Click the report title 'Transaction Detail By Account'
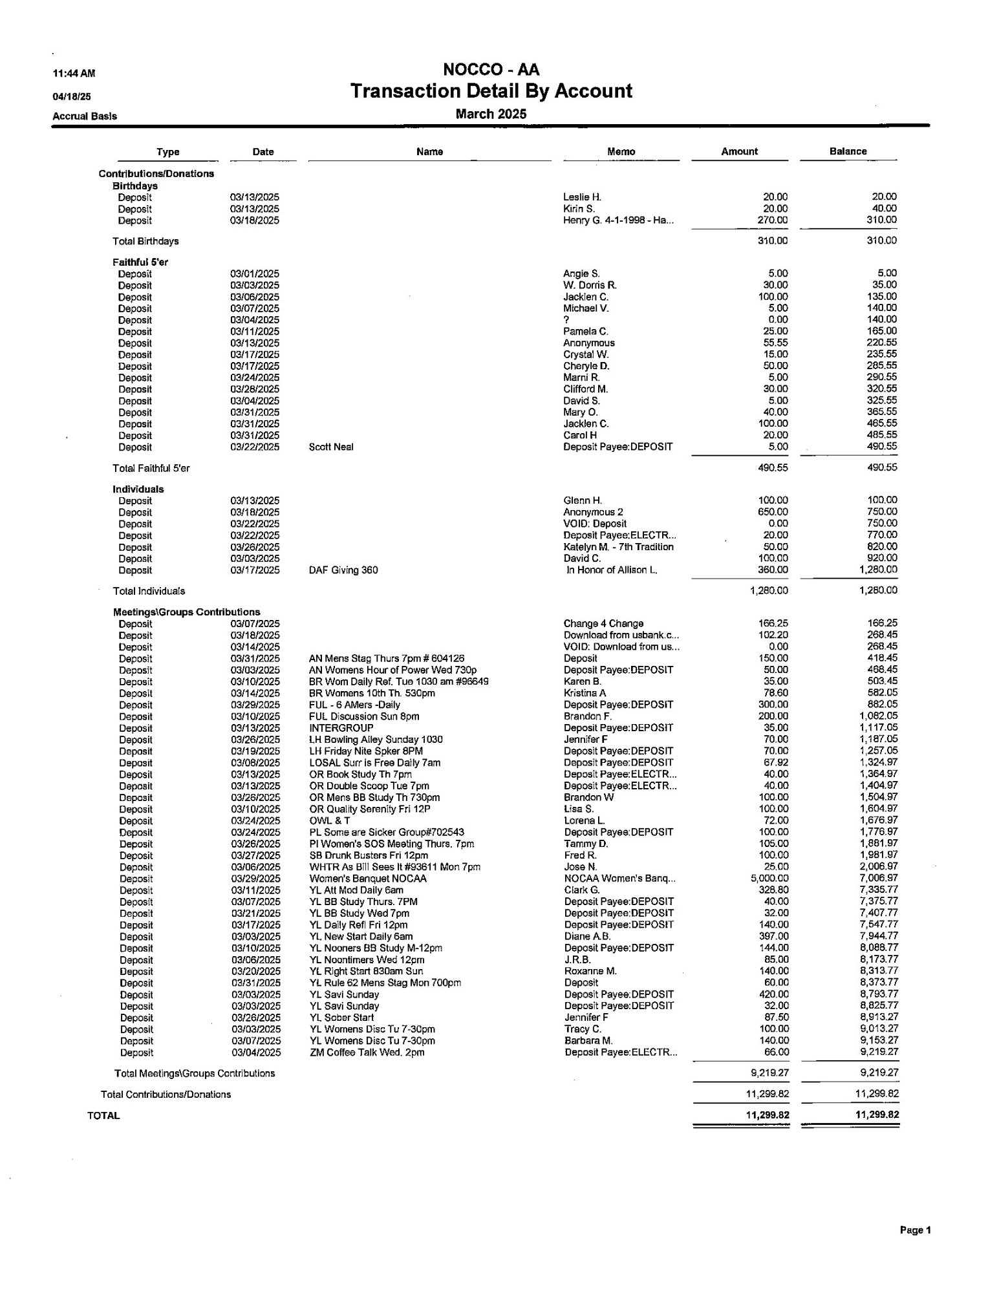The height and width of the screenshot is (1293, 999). click(x=491, y=91)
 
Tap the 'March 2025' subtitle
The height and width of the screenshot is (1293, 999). click(x=491, y=114)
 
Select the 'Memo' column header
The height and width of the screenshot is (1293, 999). click(x=621, y=152)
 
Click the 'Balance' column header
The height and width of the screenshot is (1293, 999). click(x=848, y=151)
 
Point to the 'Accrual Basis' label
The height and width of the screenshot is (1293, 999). click(x=85, y=116)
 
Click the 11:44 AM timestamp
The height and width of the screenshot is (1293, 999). click(x=74, y=74)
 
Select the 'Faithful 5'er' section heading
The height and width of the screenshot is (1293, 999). click(x=140, y=262)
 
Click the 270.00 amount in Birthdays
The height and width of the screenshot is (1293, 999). click(x=773, y=220)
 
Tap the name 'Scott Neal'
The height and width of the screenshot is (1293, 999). click(x=331, y=447)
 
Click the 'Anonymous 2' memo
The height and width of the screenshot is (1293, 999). click(x=593, y=513)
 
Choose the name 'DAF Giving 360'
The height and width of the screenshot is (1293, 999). click(x=343, y=570)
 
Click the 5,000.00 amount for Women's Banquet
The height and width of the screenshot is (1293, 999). click(x=769, y=879)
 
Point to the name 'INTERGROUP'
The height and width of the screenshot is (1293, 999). click(x=341, y=728)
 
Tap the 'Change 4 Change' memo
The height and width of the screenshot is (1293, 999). click(x=603, y=624)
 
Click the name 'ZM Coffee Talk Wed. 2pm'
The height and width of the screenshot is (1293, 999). click(x=362, y=1053)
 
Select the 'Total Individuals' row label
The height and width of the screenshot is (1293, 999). click(x=149, y=592)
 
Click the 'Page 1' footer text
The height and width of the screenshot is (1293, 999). click(x=915, y=1230)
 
